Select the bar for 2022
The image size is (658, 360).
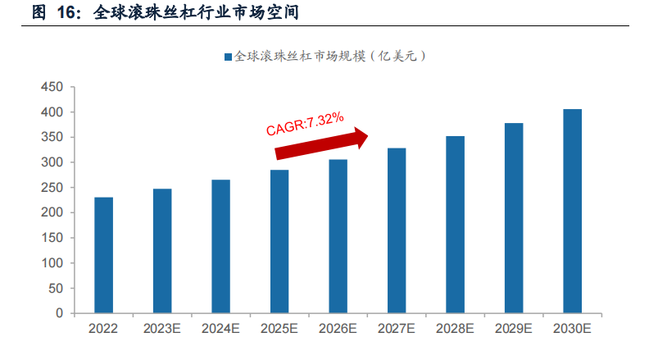[x=103, y=255]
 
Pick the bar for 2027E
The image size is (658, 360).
[x=397, y=230]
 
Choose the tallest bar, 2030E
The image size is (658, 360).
[x=572, y=211]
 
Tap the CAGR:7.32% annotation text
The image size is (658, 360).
[x=304, y=123]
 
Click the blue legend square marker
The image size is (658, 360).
[x=228, y=57]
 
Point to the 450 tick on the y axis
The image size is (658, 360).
[x=52, y=86]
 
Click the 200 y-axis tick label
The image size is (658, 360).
[x=52, y=212]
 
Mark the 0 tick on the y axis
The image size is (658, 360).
[x=59, y=313]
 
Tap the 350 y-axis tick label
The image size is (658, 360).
[x=52, y=137]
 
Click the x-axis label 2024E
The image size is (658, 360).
[x=220, y=329]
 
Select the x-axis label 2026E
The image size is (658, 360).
[x=338, y=329]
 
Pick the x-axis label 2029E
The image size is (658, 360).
[x=514, y=329]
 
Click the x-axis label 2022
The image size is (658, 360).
[x=103, y=329]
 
